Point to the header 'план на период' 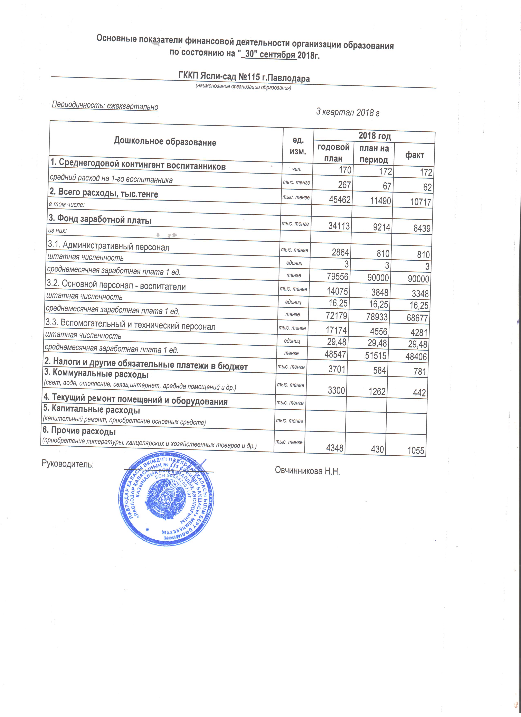[374, 154]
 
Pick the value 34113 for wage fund [339, 226]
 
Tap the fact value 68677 [417, 318]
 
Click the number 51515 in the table [376, 356]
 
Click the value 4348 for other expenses [334, 448]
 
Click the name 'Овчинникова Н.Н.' [307, 471]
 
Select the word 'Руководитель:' [68, 464]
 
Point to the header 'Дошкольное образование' [165, 142]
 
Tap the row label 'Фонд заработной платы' [100, 219]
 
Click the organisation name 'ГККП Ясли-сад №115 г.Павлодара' [244, 77]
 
